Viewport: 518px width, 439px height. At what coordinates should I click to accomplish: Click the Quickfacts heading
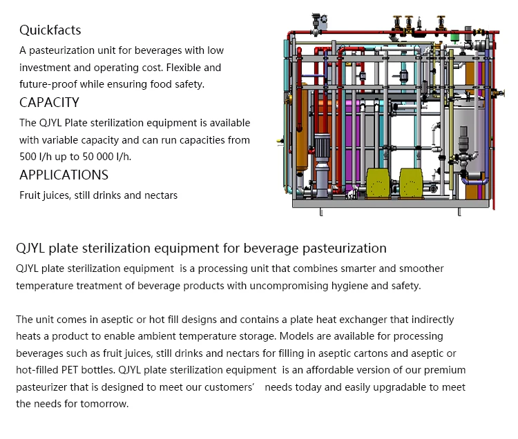pos(50,30)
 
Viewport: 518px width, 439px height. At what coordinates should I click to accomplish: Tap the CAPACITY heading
pos(49,103)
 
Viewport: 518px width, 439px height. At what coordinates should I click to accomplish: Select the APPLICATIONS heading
pos(64,175)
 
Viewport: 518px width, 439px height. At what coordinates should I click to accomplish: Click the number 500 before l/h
pos(28,157)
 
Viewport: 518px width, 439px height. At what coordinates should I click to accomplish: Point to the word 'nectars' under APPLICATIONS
pos(161,195)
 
